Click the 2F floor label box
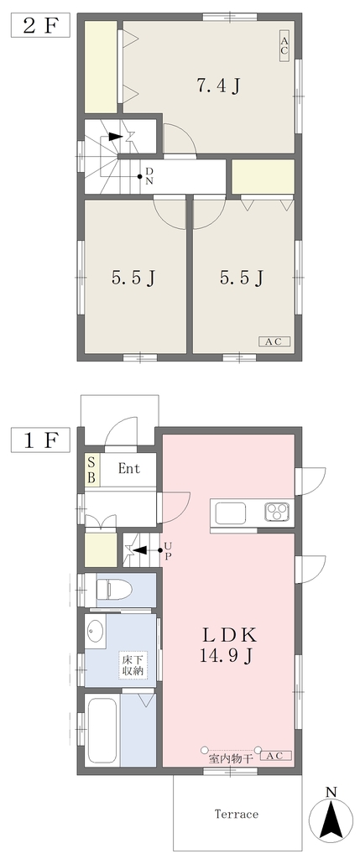[40, 25]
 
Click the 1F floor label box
[40, 440]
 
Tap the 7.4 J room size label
[219, 86]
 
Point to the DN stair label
[149, 176]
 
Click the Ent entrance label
[129, 469]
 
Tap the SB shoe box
[92, 470]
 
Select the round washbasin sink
[96, 633]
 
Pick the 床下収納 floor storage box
[133, 664]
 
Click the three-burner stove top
[277, 513]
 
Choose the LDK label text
[231, 635]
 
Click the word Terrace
[236, 814]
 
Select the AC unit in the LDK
[276, 757]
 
